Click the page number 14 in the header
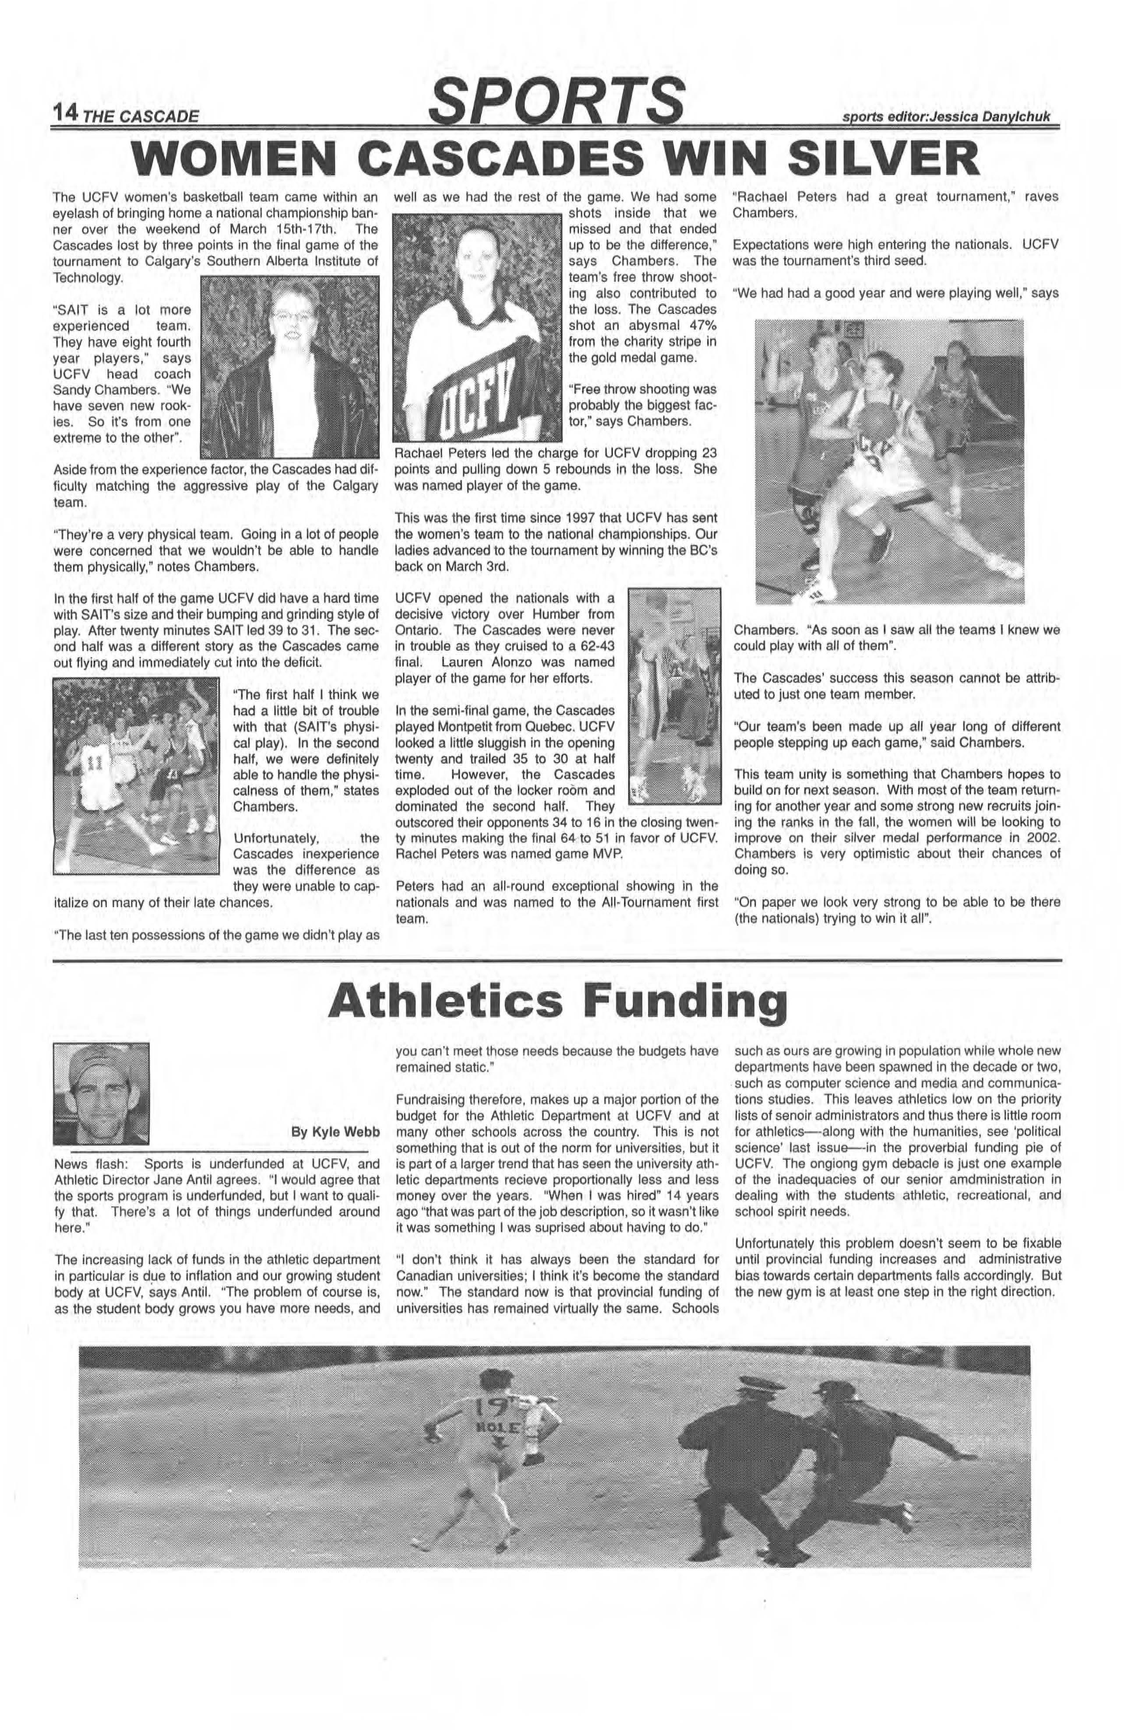[63, 112]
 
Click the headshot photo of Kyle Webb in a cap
[101, 1093]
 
